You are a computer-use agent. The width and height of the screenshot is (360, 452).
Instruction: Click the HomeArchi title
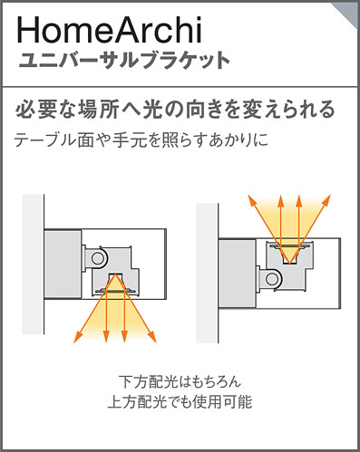[x=109, y=30]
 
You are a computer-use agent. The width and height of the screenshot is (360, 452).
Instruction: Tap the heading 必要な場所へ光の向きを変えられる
[x=175, y=109]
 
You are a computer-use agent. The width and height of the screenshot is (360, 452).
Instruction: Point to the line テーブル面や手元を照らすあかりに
[x=141, y=140]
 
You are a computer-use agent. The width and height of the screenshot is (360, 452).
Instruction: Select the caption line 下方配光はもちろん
[x=180, y=381]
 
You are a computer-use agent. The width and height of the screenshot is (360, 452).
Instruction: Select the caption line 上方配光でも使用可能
[x=180, y=402]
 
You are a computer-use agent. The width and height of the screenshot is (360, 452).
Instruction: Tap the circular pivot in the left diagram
[x=97, y=258]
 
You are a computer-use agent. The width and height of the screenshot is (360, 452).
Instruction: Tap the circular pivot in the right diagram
[x=272, y=278]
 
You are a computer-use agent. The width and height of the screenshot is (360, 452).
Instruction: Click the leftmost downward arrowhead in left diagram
[x=78, y=337]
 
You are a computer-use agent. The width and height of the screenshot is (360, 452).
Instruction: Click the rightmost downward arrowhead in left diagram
[x=152, y=337]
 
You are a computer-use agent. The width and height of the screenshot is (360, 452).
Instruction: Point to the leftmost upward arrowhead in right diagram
[x=252, y=200]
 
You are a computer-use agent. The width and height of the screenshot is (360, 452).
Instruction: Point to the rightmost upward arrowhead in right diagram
[x=326, y=200]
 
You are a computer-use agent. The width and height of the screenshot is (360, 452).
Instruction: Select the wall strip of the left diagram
[x=34, y=264]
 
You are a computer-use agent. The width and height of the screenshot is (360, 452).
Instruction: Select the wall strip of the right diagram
[x=208, y=274]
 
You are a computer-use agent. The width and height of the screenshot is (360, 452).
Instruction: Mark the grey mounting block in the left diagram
[x=63, y=264]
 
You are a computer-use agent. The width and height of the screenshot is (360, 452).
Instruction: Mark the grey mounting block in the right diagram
[x=238, y=274]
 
